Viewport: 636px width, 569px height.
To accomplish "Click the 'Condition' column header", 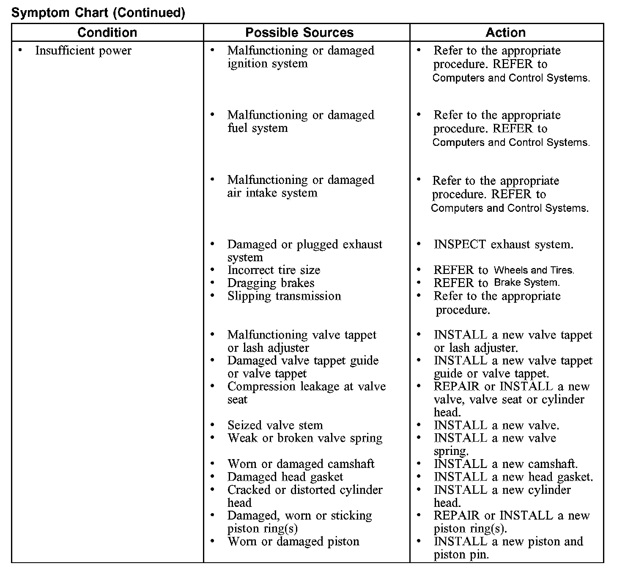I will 107,33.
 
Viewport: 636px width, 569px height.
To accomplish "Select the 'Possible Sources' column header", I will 299,33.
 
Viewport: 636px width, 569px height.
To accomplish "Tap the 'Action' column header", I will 506,33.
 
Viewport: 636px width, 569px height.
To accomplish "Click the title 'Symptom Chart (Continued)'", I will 98,13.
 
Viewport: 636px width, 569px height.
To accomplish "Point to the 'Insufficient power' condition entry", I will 83,51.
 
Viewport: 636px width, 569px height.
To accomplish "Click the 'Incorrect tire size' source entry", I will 274,270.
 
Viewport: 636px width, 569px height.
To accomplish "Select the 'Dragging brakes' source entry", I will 271,283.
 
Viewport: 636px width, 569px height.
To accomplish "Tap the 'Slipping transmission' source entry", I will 284,296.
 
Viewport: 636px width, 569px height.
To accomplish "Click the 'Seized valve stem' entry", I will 275,425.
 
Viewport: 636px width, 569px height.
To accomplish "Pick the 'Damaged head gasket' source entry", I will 285,477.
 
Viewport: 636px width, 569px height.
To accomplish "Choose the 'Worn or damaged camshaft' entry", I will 301,464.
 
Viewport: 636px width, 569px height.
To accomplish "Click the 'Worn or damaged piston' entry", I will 293,542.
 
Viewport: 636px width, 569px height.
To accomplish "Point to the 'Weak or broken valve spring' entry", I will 304,438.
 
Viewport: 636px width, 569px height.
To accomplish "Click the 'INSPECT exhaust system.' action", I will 503,244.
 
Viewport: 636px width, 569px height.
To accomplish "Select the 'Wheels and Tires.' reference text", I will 534,270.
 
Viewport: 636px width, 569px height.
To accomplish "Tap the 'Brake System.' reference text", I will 527,282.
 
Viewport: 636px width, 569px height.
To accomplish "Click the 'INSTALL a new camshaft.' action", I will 506,464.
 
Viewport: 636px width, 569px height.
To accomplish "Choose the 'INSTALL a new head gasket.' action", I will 513,477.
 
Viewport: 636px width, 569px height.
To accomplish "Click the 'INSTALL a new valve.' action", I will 496,425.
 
